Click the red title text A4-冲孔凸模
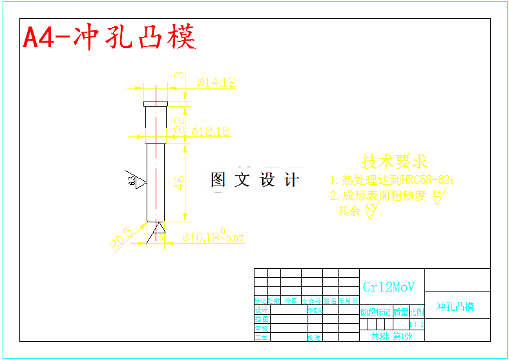110,38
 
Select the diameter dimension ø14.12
216,82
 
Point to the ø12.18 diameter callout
211,131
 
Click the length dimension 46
180,182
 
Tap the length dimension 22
180,120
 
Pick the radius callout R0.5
121,238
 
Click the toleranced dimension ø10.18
213,238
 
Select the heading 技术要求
394,162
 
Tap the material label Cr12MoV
389,287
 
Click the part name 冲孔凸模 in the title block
455,306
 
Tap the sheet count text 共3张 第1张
391,336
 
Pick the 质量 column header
400,312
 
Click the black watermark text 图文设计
255,180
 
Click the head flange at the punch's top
155,103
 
